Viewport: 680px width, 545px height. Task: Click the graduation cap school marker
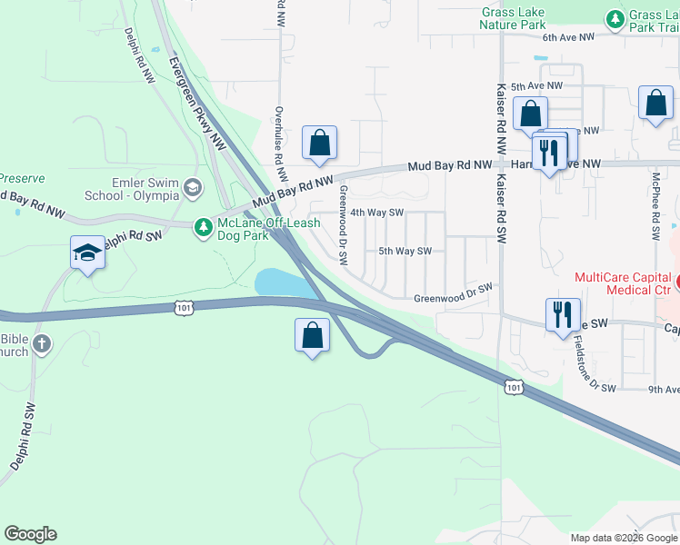[x=86, y=253]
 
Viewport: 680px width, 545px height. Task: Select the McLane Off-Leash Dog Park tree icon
[x=205, y=225]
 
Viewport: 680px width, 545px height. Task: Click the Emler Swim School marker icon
[x=192, y=187]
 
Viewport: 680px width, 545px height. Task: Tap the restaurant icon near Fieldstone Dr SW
[x=560, y=314]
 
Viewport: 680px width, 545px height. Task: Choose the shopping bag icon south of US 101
[x=312, y=335]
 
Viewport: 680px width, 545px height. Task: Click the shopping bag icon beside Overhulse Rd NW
[x=319, y=143]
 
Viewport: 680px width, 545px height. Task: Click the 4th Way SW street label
[x=376, y=213]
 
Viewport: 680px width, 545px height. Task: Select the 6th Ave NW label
[x=568, y=37]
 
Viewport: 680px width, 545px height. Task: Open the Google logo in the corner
[x=30, y=534]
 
